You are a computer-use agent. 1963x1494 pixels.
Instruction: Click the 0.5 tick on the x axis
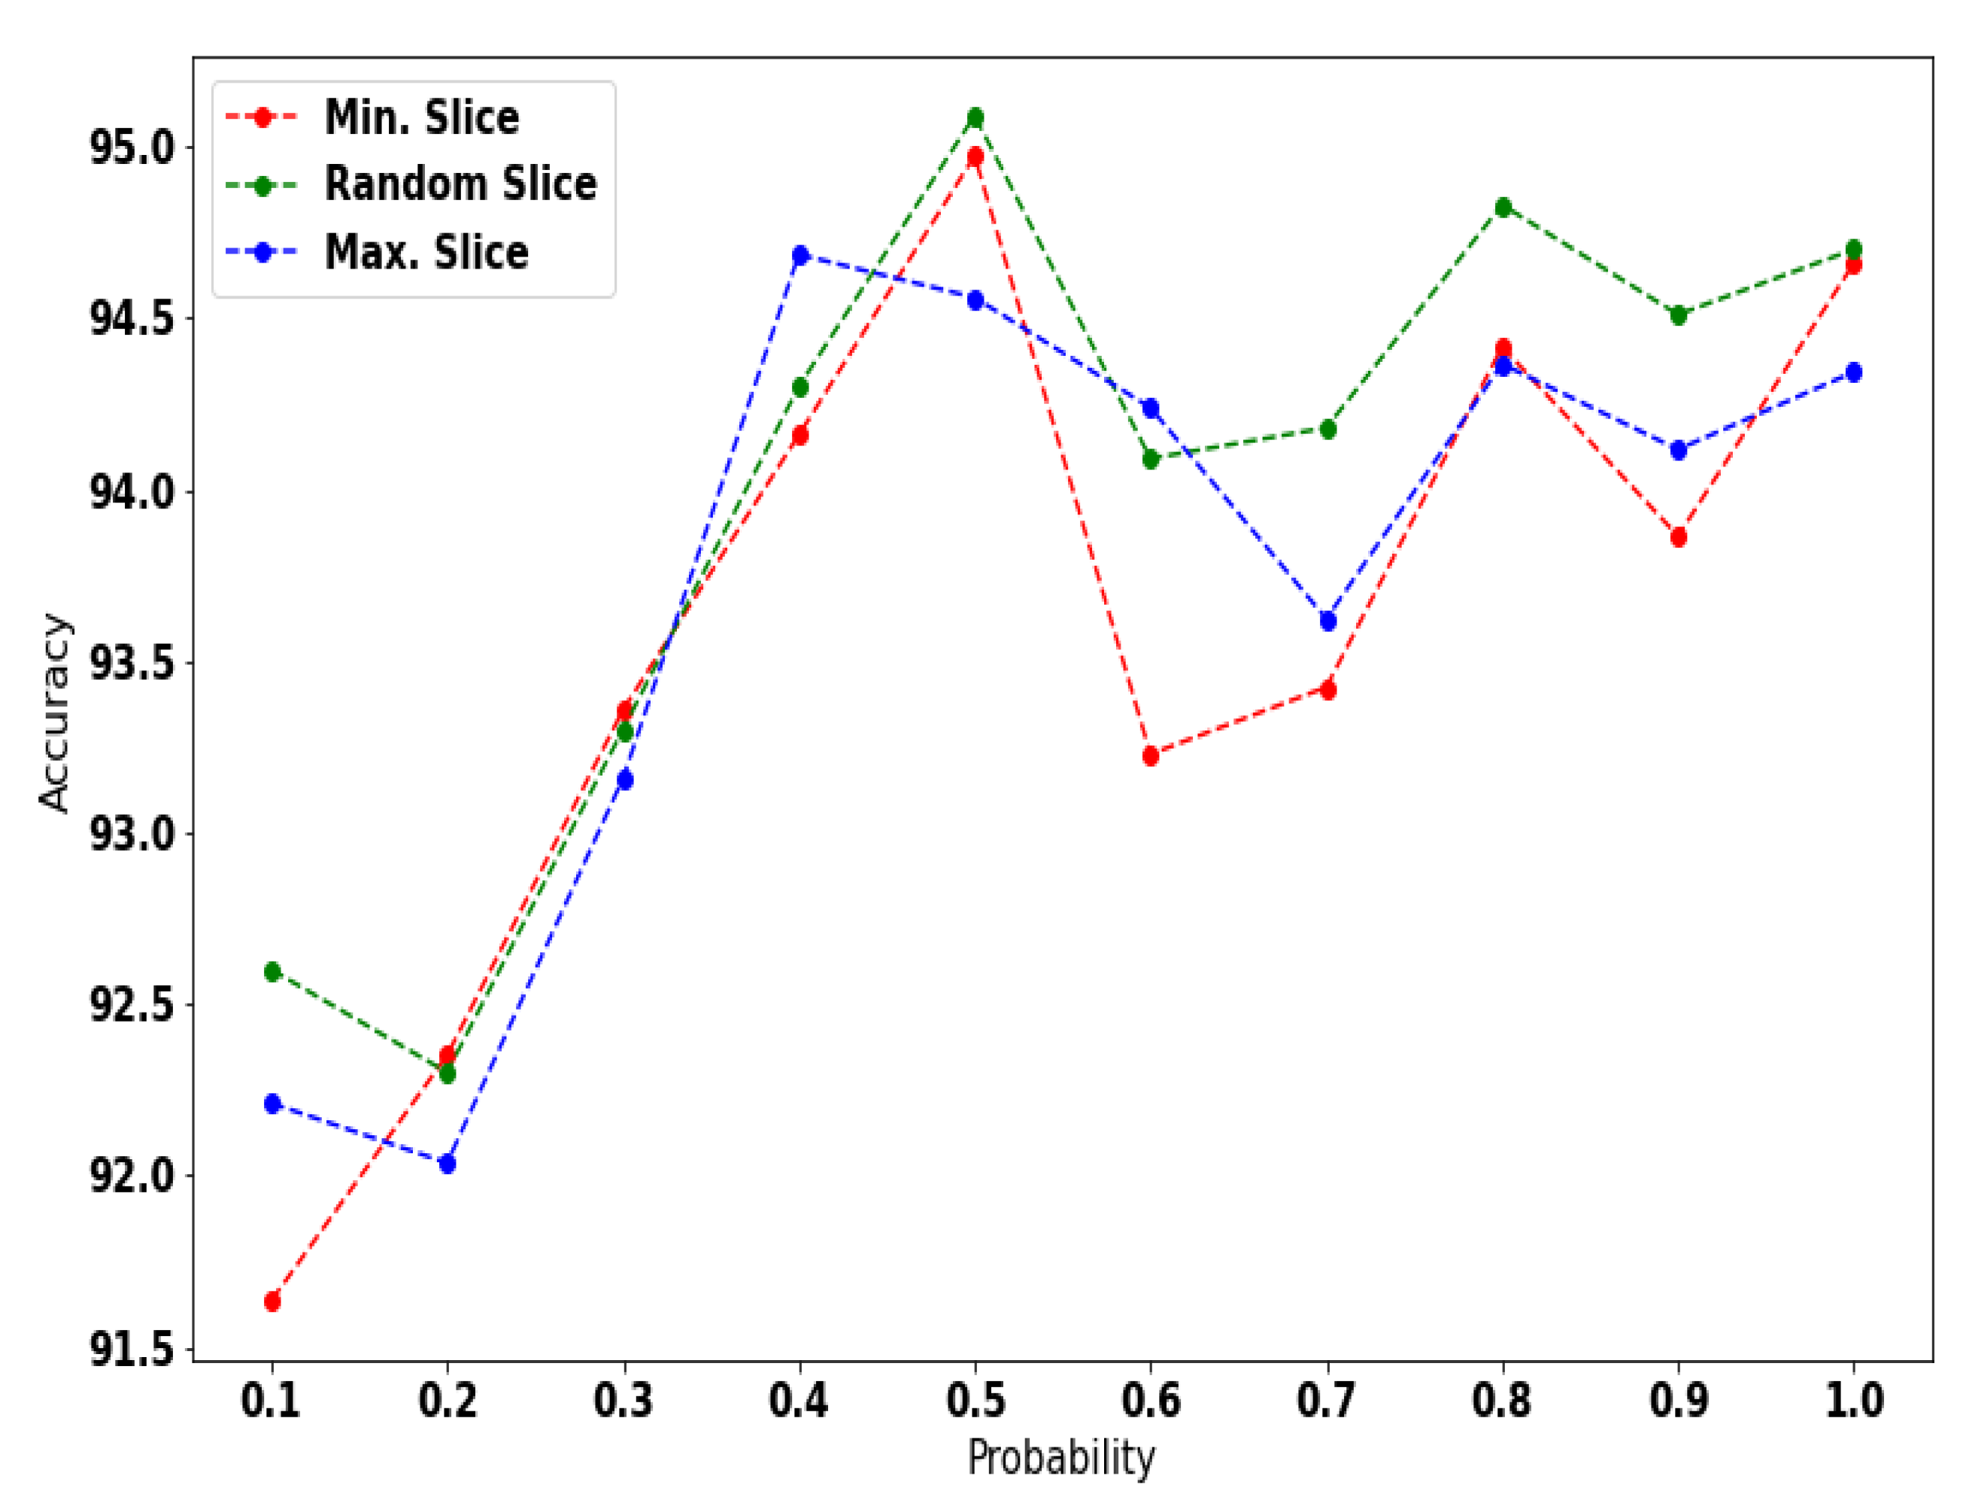(x=975, y=1401)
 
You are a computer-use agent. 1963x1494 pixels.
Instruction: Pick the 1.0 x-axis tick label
(x=1854, y=1401)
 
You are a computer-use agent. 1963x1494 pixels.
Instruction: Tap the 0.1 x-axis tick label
(x=272, y=1401)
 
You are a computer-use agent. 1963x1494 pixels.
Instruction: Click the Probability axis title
(x=1061, y=1459)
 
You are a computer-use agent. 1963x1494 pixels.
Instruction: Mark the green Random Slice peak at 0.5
(x=975, y=117)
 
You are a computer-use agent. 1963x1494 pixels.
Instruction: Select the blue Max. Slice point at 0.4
(x=800, y=256)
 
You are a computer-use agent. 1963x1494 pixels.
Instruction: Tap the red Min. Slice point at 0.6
(x=1151, y=756)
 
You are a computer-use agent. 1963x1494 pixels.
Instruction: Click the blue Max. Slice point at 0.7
(x=1327, y=621)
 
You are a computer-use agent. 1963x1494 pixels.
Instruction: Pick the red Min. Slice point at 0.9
(x=1679, y=537)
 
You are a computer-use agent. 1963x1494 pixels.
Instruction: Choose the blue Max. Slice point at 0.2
(x=448, y=1163)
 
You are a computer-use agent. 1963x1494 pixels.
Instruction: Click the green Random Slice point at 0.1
(x=272, y=971)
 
